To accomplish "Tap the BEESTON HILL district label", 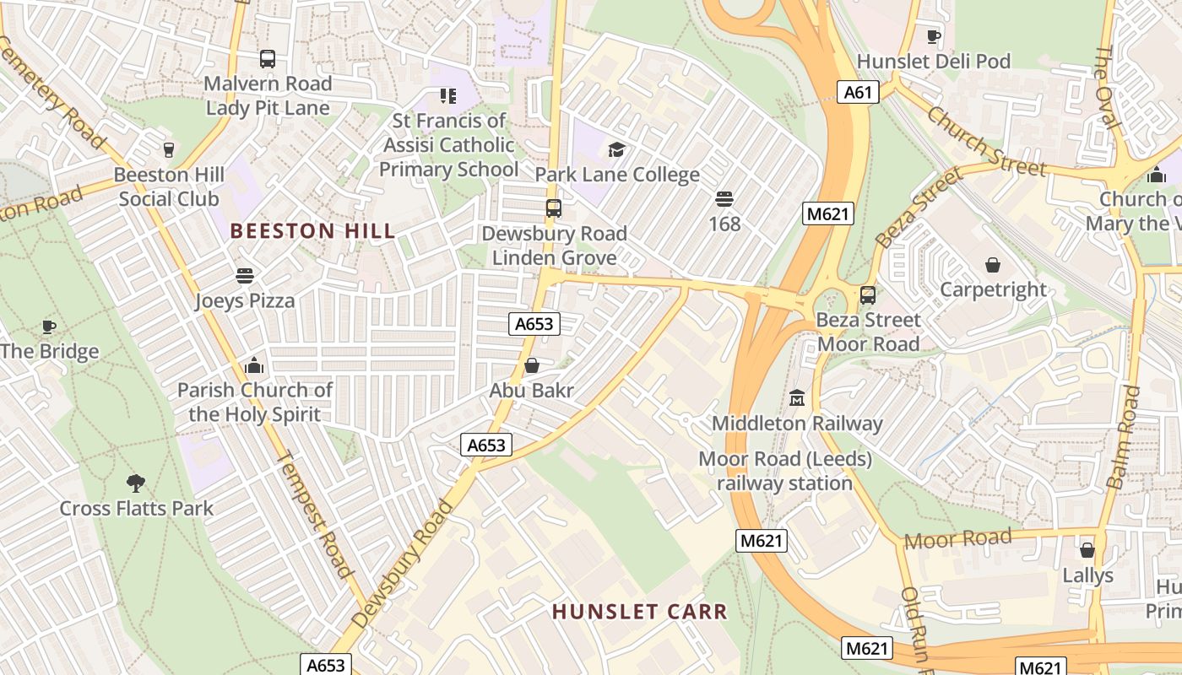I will click(x=312, y=231).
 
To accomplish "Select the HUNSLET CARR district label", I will click(x=639, y=612).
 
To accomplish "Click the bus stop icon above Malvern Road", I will click(x=268, y=59).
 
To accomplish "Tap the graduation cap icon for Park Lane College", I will click(x=616, y=150).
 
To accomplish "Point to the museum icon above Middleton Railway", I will click(x=796, y=397).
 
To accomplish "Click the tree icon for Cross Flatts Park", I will click(x=135, y=483).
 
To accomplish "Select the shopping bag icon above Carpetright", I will click(x=993, y=265).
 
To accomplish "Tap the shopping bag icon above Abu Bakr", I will click(x=532, y=365).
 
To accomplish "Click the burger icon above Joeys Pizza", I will click(x=245, y=276).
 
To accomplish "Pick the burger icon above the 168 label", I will click(x=724, y=199).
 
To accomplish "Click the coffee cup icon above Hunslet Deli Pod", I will click(x=933, y=36).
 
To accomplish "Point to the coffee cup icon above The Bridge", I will click(x=49, y=327).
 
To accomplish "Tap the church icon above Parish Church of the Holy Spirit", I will click(x=254, y=365).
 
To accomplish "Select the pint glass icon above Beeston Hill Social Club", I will click(x=168, y=149).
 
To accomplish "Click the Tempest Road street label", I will click(x=314, y=515).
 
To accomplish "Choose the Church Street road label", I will click(x=985, y=140).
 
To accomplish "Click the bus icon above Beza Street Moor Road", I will click(x=868, y=295).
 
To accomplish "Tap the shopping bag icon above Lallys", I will click(x=1087, y=550).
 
